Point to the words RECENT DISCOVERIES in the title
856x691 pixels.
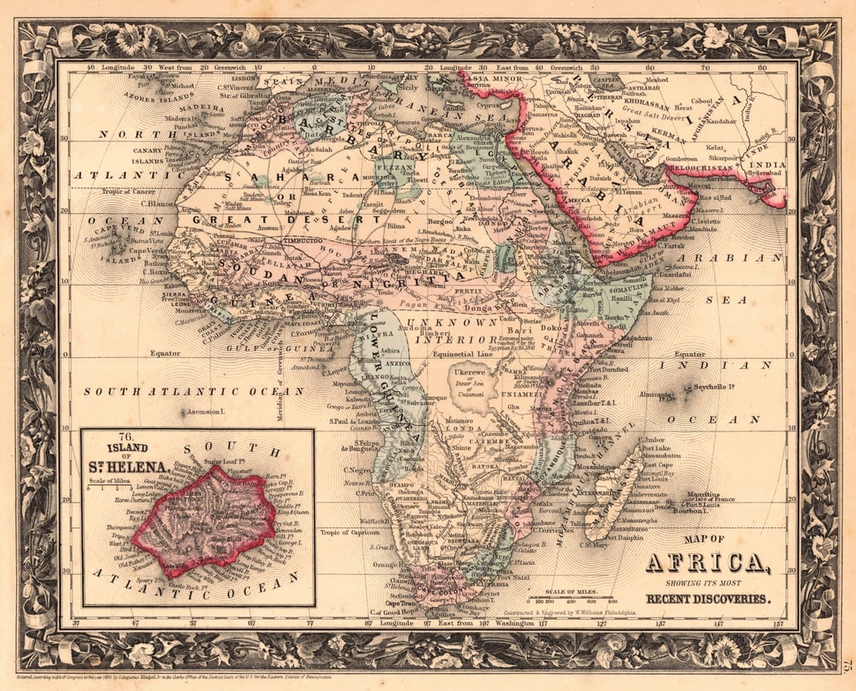[707, 598]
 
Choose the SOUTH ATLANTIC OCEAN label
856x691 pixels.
[195, 391]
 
